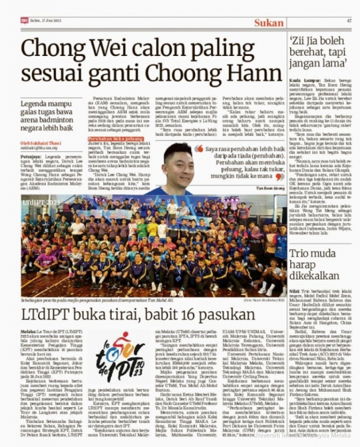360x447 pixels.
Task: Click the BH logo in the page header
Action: tap(25, 21)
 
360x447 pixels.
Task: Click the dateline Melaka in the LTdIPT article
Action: tap(29, 331)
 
